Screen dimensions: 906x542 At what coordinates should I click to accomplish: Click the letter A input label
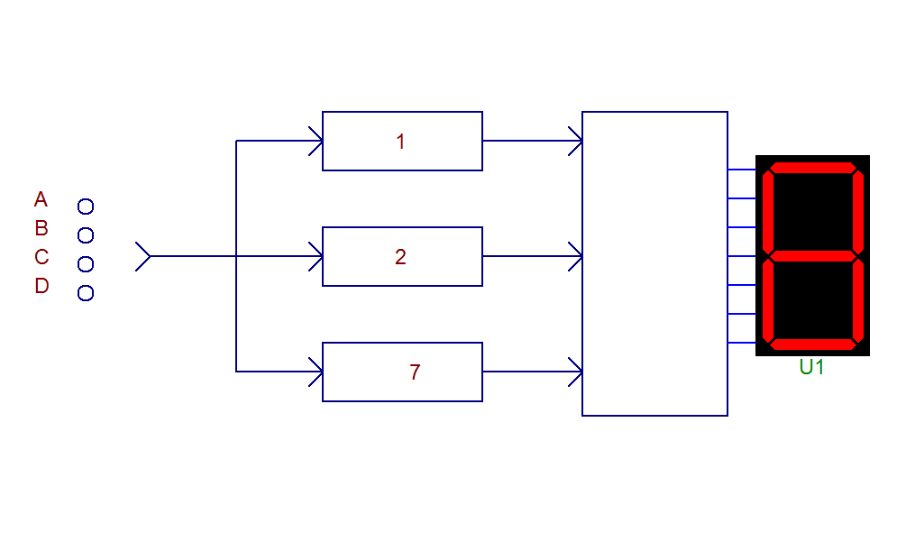click(x=41, y=199)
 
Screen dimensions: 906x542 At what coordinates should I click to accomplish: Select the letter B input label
click(x=41, y=228)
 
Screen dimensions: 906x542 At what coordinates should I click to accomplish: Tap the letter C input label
click(x=41, y=256)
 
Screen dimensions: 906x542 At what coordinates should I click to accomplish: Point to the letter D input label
click(x=41, y=286)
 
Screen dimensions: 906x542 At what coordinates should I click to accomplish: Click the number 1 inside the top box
click(x=400, y=142)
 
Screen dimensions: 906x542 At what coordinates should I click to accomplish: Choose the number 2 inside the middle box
click(x=400, y=256)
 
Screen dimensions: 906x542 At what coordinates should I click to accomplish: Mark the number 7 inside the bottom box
click(x=415, y=372)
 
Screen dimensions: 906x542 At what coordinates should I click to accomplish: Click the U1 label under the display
click(x=811, y=367)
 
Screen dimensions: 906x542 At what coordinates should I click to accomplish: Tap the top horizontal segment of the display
click(x=812, y=168)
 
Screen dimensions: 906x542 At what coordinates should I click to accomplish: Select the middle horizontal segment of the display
click(x=812, y=256)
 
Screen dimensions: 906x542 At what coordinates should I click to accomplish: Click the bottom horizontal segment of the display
click(x=812, y=344)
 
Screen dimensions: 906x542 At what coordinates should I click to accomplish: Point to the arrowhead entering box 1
click(x=316, y=141)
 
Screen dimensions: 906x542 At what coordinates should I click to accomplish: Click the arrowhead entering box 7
click(x=316, y=372)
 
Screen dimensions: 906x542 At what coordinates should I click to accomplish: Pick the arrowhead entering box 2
click(x=316, y=256)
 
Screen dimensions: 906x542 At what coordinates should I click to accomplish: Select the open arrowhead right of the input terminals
click(x=143, y=256)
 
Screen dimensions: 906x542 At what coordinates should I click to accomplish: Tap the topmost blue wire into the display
click(x=742, y=170)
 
